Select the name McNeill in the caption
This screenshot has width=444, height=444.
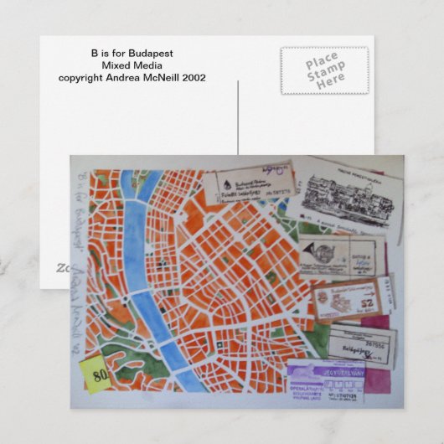[157, 78]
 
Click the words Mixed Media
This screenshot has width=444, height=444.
[132, 65]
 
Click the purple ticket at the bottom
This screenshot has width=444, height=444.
[330, 381]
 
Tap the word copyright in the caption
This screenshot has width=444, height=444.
[84, 78]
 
